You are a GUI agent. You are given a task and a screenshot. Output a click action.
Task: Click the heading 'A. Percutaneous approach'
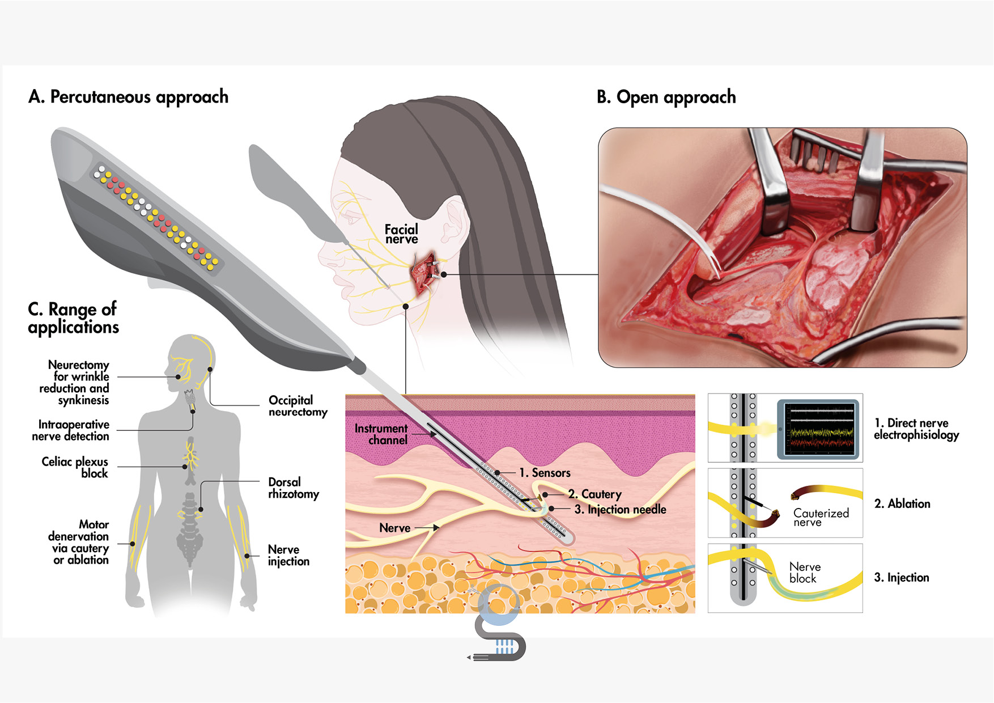pos(128,97)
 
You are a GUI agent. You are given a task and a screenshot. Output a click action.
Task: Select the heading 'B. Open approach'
pos(666,98)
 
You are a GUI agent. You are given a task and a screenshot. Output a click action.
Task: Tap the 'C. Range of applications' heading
pos(73,318)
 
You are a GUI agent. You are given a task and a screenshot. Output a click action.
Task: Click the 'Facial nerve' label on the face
pos(401,234)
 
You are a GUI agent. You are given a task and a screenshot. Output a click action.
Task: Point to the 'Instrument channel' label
pos(381,434)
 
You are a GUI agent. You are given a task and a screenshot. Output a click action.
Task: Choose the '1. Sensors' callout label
pos(545,473)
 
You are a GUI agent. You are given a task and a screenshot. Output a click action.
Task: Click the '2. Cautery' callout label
pos(594,494)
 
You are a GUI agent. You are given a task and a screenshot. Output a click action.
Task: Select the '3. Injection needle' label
pos(620,510)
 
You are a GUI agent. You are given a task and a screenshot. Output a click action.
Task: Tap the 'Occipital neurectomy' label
pos(298,406)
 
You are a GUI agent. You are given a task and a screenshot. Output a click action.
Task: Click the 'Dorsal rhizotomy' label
pos(293,488)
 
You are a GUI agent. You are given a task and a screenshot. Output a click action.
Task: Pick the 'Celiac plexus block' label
pos(75,467)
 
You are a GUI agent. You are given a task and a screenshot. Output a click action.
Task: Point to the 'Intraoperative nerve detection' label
pos(71,430)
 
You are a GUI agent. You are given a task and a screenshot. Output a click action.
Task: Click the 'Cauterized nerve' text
pos(821,517)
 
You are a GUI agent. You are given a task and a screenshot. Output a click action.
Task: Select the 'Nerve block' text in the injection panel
pos(804,573)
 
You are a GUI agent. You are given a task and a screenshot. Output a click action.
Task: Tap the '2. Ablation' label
pos(902,504)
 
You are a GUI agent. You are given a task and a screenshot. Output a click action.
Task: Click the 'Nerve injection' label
pos(288,556)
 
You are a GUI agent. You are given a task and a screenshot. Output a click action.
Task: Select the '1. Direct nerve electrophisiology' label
pos(916,429)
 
